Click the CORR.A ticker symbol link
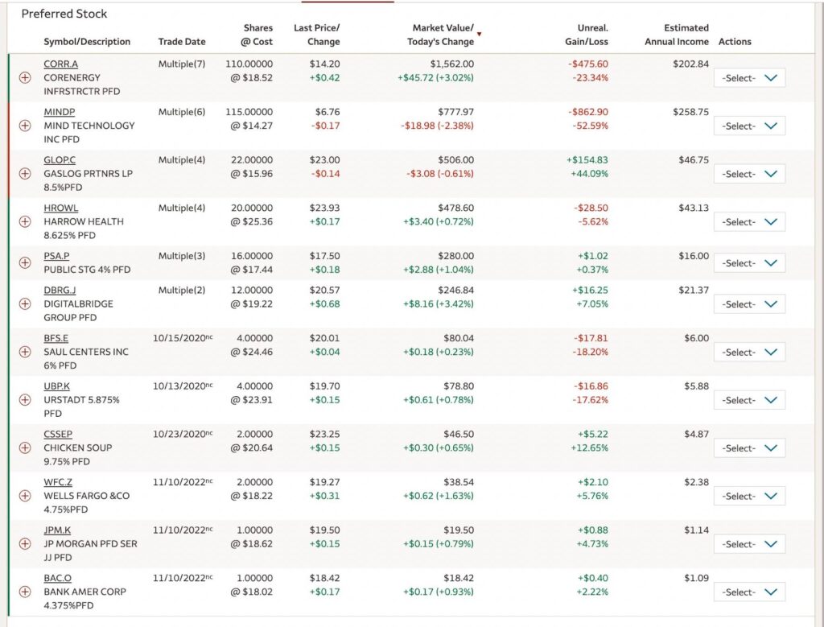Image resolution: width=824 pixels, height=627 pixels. click(x=60, y=64)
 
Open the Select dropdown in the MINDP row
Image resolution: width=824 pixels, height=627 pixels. click(x=749, y=126)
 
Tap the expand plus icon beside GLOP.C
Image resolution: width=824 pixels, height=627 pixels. click(x=24, y=174)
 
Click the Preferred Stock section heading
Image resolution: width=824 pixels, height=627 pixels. click(x=64, y=14)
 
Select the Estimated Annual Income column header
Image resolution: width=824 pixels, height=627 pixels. click(x=676, y=35)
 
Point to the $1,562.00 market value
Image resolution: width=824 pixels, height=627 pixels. click(x=451, y=64)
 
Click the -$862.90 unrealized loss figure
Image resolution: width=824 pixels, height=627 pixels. click(x=587, y=112)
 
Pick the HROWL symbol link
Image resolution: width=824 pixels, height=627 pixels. click(x=60, y=208)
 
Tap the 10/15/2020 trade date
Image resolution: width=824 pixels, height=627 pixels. click(x=180, y=339)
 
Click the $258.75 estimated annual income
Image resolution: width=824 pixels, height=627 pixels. click(x=690, y=112)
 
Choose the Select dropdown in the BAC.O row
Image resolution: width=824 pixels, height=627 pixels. click(x=749, y=592)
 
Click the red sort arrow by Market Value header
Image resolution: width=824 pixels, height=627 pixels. click(x=480, y=34)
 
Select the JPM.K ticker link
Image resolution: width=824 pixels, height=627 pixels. click(x=59, y=530)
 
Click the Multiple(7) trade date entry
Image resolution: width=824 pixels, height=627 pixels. click(x=181, y=64)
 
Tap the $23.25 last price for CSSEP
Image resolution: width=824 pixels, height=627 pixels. click(x=324, y=434)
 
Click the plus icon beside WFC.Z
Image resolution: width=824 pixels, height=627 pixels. click(x=24, y=496)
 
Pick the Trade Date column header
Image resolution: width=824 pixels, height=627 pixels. click(x=182, y=42)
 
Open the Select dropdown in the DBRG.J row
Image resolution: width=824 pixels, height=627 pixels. click(x=749, y=304)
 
